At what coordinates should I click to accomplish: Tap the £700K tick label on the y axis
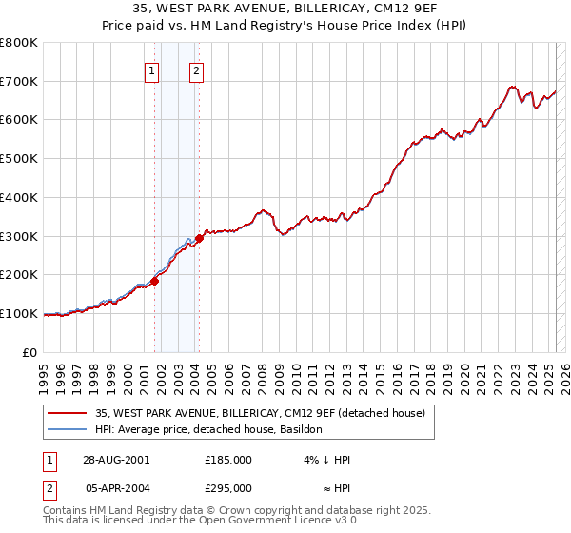[x=19, y=81]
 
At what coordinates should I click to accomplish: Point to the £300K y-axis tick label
[x=19, y=236]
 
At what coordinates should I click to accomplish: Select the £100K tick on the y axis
[x=19, y=313]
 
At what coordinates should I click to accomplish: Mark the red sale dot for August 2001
[x=154, y=281]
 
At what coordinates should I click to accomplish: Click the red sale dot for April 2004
[x=199, y=238]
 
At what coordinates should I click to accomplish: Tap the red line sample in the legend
[x=68, y=413]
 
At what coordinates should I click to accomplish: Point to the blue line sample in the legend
[x=68, y=429]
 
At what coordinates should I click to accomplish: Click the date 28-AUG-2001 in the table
[x=117, y=460]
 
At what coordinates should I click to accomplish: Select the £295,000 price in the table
[x=228, y=488]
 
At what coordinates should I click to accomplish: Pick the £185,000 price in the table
[x=228, y=460]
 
